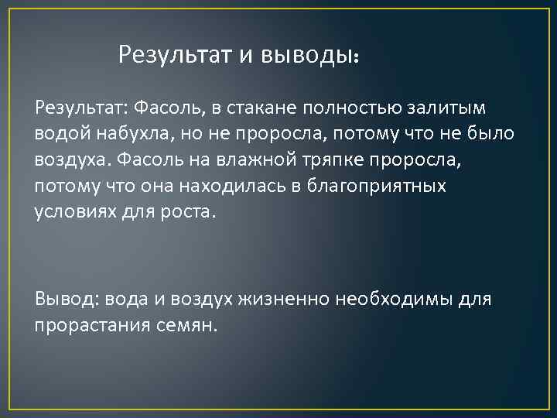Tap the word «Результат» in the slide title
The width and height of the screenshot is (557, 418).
click(x=172, y=55)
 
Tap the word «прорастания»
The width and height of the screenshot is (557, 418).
click(x=85, y=324)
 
